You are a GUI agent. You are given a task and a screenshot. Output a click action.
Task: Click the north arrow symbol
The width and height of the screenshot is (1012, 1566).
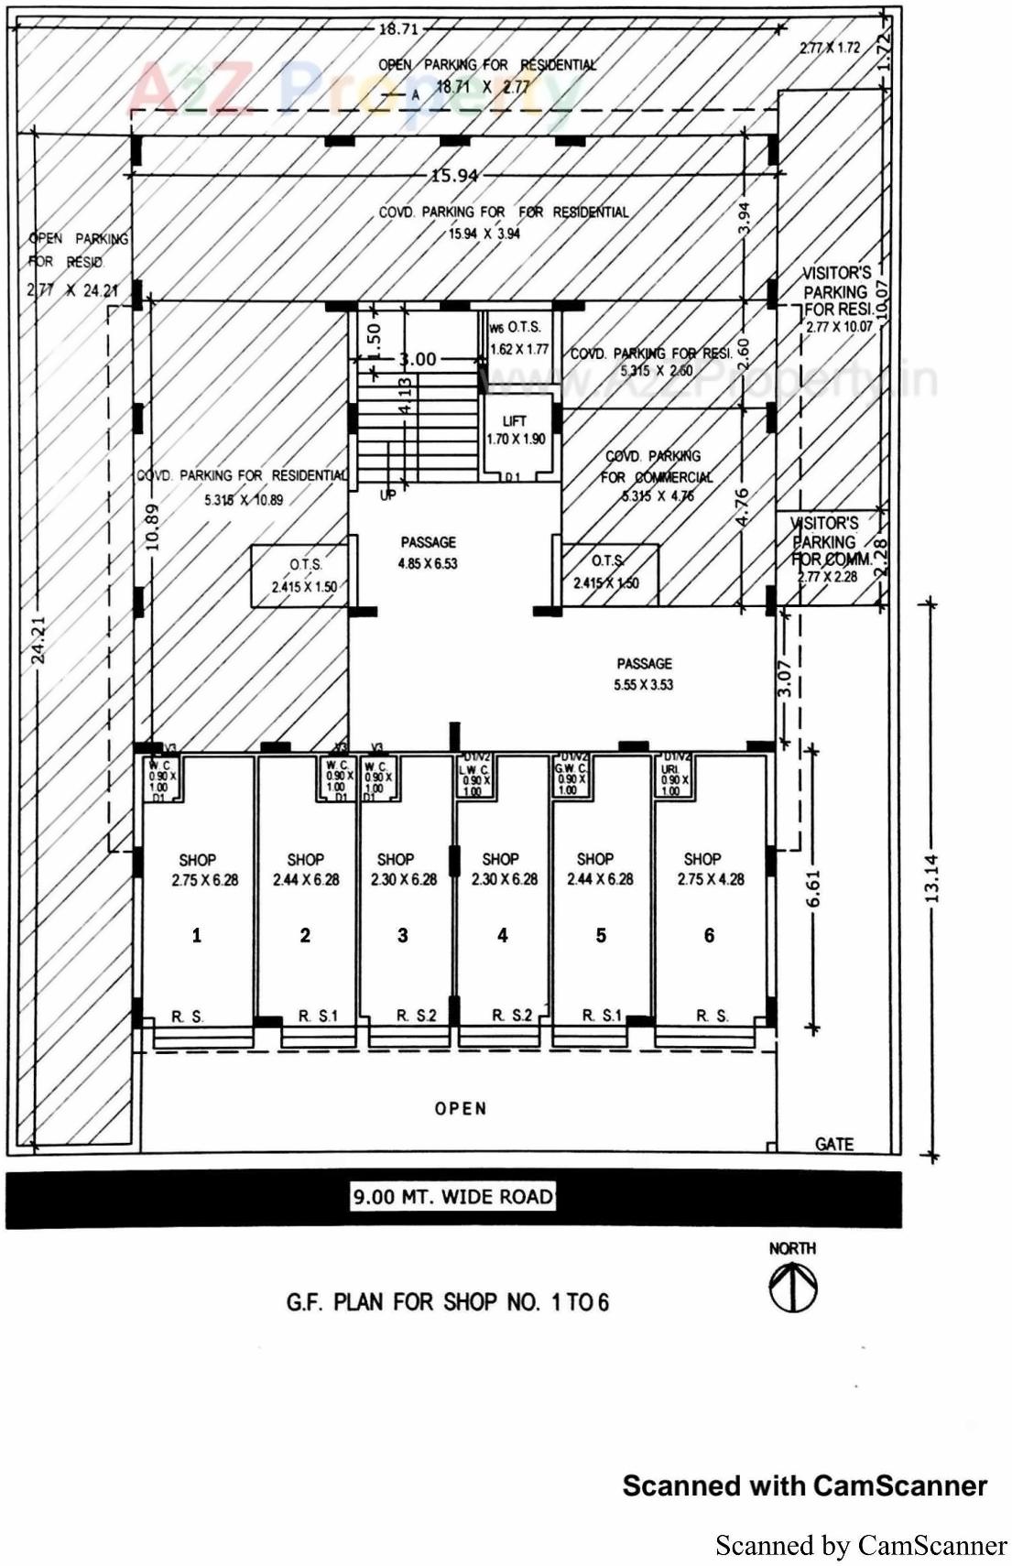coord(792,1287)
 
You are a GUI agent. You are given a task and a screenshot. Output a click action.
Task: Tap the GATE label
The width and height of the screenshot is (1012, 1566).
coord(833,1144)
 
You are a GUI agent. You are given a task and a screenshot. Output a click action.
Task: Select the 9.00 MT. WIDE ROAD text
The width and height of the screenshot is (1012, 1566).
coord(453,1196)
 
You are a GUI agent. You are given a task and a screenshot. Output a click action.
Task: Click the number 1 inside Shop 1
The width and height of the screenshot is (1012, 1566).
coord(196,935)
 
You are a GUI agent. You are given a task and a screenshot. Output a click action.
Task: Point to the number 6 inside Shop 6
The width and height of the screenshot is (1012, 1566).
coord(709,935)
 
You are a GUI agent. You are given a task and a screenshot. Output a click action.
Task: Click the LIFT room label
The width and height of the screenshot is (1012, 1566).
coord(515,430)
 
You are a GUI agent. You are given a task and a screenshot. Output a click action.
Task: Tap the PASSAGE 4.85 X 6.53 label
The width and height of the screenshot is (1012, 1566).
coord(428,552)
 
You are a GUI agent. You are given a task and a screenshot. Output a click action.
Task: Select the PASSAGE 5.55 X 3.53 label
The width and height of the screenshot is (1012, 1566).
coord(644,673)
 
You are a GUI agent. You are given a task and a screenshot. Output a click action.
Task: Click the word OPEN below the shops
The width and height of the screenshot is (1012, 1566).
coord(461,1108)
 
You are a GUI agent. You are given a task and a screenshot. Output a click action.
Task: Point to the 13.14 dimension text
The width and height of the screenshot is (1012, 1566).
coord(932,877)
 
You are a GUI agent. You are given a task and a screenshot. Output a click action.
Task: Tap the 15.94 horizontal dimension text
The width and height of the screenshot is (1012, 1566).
coord(454,175)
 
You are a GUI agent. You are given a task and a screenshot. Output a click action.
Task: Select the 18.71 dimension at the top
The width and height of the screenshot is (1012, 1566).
coord(397,28)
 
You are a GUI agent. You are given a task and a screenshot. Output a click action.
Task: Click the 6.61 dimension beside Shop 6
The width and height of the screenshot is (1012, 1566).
coord(813,887)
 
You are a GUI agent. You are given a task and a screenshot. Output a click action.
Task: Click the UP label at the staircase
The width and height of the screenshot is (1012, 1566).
coord(387,495)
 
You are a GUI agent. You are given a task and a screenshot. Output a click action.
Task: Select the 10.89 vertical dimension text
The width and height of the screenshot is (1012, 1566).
coord(153,527)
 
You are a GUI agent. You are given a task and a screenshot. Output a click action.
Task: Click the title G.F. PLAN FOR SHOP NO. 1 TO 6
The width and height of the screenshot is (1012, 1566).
coord(448,1301)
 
